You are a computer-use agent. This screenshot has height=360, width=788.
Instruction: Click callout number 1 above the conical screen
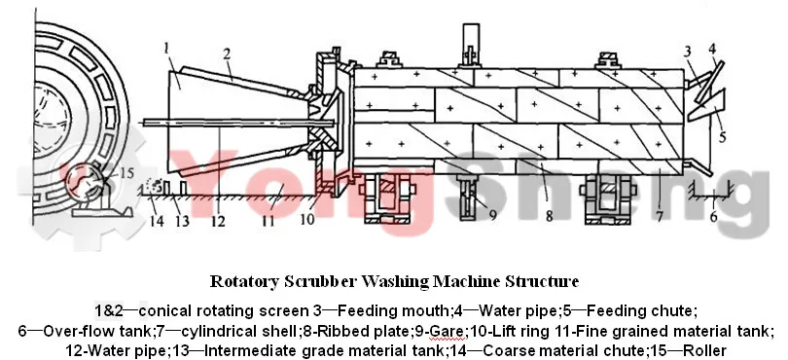[169, 45]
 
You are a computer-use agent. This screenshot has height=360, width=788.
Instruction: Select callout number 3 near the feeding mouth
[687, 50]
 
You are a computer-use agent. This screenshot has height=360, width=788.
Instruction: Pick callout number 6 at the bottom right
[713, 216]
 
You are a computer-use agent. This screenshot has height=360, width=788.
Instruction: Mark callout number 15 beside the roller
[125, 174]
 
